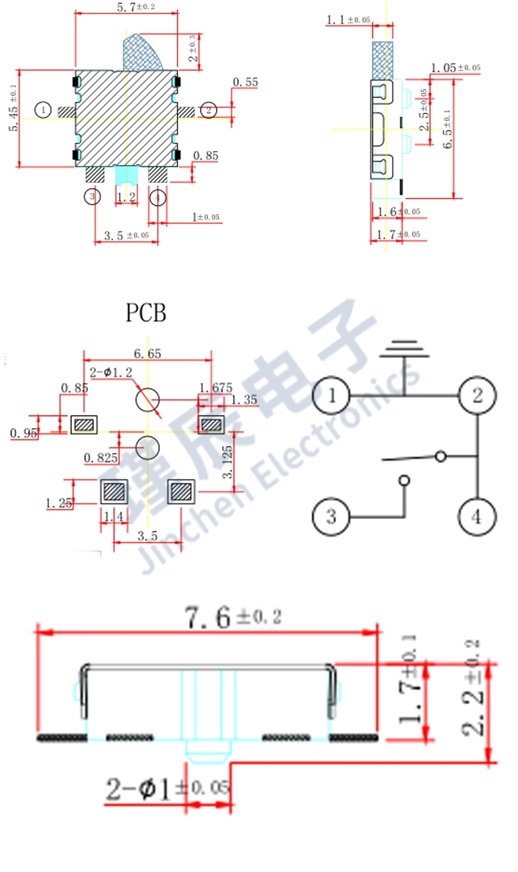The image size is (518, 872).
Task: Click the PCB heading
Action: click(146, 313)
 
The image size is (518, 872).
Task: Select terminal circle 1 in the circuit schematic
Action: click(331, 396)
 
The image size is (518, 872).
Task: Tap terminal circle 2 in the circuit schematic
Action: click(477, 396)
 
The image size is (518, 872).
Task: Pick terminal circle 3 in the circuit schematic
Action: click(331, 517)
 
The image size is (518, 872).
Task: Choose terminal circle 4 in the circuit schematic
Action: click(477, 517)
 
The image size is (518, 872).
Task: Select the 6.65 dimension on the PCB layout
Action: click(147, 353)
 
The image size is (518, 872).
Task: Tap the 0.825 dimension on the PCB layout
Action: click(101, 458)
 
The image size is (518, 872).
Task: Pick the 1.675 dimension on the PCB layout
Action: click(215, 387)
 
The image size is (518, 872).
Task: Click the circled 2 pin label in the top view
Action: click(209, 110)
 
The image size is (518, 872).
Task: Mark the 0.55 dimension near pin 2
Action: click(245, 83)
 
